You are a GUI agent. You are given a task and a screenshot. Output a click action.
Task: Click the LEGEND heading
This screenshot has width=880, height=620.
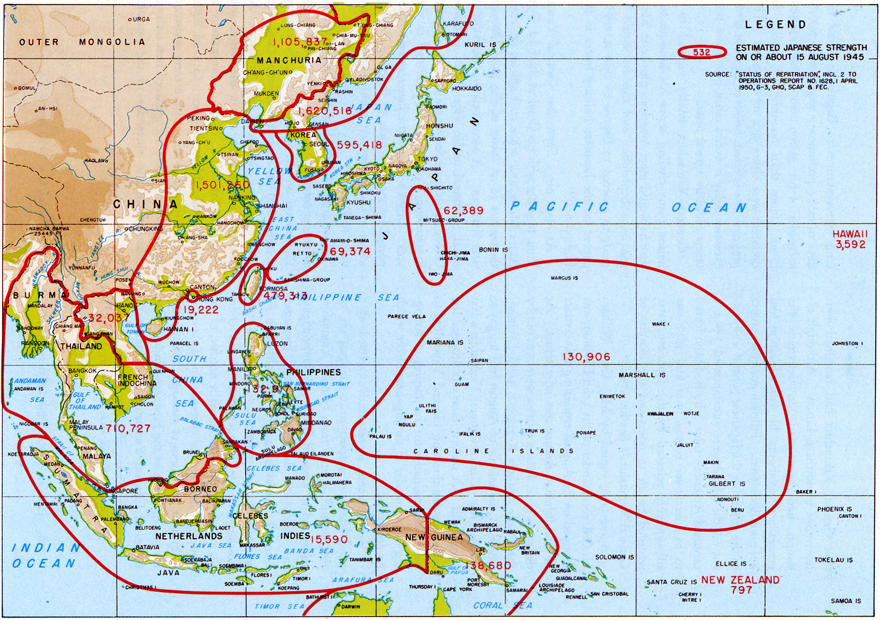775,25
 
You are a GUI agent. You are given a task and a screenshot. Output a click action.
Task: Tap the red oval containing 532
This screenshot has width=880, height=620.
701,52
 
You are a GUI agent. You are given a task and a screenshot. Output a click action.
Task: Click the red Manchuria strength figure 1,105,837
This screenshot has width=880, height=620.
300,42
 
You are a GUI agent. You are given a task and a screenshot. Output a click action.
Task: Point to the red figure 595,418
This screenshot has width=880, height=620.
359,145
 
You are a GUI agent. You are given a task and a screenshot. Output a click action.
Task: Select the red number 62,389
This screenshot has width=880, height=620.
463,211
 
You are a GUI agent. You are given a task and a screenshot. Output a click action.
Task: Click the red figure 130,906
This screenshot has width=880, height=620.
586,357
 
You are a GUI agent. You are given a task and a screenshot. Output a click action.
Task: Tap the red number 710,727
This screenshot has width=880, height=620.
128,429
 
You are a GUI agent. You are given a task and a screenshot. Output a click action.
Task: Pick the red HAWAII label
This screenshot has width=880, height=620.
849,234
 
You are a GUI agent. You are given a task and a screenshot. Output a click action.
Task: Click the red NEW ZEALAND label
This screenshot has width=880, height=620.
740,580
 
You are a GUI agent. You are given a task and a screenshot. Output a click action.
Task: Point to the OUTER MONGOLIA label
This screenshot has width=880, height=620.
82,42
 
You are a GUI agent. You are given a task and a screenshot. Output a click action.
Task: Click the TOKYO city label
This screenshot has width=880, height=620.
427,159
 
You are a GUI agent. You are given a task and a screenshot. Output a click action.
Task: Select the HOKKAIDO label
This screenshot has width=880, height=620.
466,89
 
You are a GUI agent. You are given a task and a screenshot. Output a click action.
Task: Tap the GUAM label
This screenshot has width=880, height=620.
462,384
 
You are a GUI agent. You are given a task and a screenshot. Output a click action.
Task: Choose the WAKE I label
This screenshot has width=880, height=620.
660,324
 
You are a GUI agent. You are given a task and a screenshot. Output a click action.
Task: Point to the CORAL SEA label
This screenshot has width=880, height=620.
503,606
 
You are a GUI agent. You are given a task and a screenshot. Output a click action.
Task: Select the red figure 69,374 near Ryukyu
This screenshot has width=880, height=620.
350,252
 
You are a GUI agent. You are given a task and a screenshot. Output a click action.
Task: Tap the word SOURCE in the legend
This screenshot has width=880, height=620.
717,75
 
